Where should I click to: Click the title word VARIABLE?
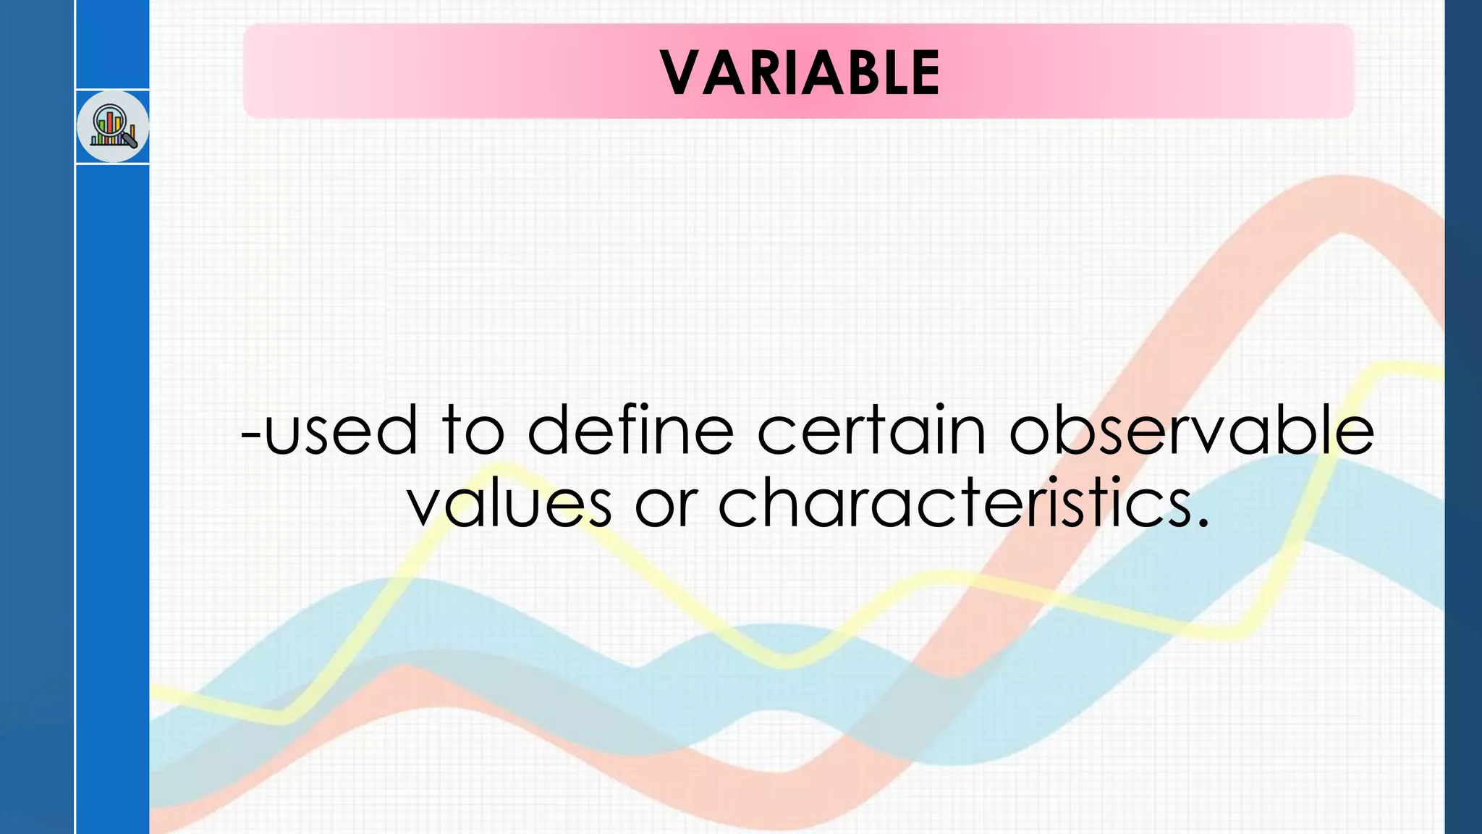click(800, 72)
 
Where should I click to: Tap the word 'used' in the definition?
click(341, 430)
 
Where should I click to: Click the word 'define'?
click(630, 430)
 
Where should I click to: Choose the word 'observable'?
click(1191, 430)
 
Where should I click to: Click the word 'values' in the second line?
click(509, 504)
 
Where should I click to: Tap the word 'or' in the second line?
click(666, 505)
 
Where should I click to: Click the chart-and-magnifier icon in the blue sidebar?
click(113, 127)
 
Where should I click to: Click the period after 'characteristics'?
click(1203, 523)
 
